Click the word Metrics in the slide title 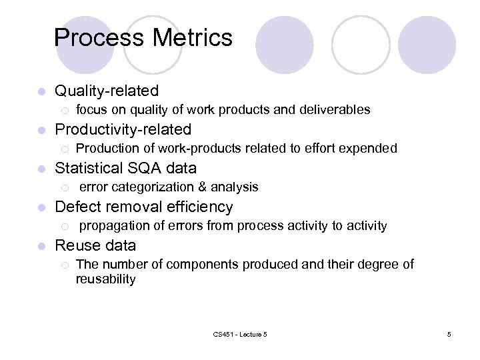click(193, 37)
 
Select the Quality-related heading click(107, 91)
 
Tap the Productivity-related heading click(123, 129)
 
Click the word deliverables click(337, 109)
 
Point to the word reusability click(105, 279)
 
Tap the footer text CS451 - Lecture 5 click(241, 334)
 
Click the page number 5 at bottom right click(449, 334)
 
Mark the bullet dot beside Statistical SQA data click(41, 169)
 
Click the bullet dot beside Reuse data click(41, 246)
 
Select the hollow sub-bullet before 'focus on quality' click(64, 110)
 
